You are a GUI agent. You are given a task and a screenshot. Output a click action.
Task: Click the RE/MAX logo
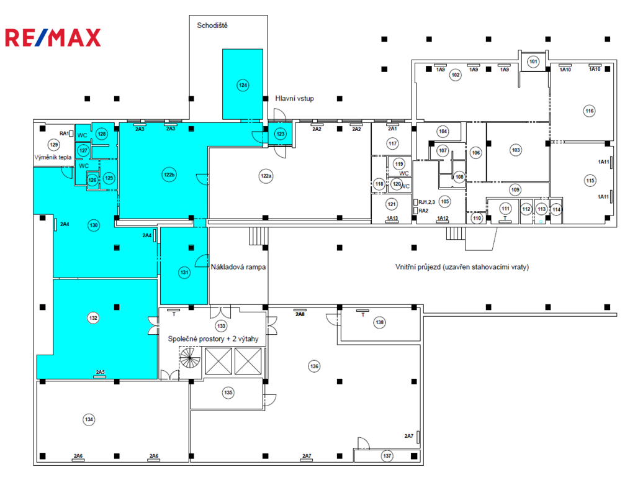pyautogui.click(x=53, y=38)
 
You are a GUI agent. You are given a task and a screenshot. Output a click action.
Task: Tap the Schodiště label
pyautogui.click(x=212, y=25)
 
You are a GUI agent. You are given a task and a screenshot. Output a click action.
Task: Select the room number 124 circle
pyautogui.click(x=243, y=85)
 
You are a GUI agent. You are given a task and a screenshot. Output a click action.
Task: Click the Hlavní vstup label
pyautogui.click(x=294, y=99)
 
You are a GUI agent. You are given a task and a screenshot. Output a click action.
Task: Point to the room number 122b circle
pyautogui.click(x=169, y=175)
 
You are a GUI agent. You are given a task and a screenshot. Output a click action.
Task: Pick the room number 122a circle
pyautogui.click(x=266, y=176)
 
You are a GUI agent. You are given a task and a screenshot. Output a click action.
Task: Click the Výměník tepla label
pyautogui.click(x=53, y=157)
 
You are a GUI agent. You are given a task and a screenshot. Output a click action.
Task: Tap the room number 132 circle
pyautogui.click(x=93, y=318)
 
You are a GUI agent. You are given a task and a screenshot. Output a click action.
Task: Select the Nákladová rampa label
pyautogui.click(x=238, y=266)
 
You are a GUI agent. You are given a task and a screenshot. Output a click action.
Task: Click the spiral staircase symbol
pyautogui.click(x=190, y=358)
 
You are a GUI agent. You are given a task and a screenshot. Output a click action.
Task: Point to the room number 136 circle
pyautogui.click(x=314, y=366)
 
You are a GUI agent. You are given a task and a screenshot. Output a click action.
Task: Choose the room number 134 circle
pyautogui.click(x=89, y=419)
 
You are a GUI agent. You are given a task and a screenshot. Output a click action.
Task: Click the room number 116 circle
pyautogui.click(x=590, y=111)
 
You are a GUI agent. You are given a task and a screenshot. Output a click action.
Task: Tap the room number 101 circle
pyautogui.click(x=533, y=61)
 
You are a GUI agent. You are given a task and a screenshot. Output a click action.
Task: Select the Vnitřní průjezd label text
pyautogui.click(x=462, y=266)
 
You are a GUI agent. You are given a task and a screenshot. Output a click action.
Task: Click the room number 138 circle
pyautogui.click(x=379, y=322)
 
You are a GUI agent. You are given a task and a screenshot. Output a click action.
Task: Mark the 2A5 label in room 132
pyautogui.click(x=100, y=372)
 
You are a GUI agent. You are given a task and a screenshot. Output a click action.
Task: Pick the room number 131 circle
pyautogui.click(x=184, y=272)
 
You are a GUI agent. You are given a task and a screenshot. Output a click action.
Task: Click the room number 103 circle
pyautogui.click(x=516, y=150)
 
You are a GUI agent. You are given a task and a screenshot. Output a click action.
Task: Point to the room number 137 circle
pyautogui.click(x=387, y=456)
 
